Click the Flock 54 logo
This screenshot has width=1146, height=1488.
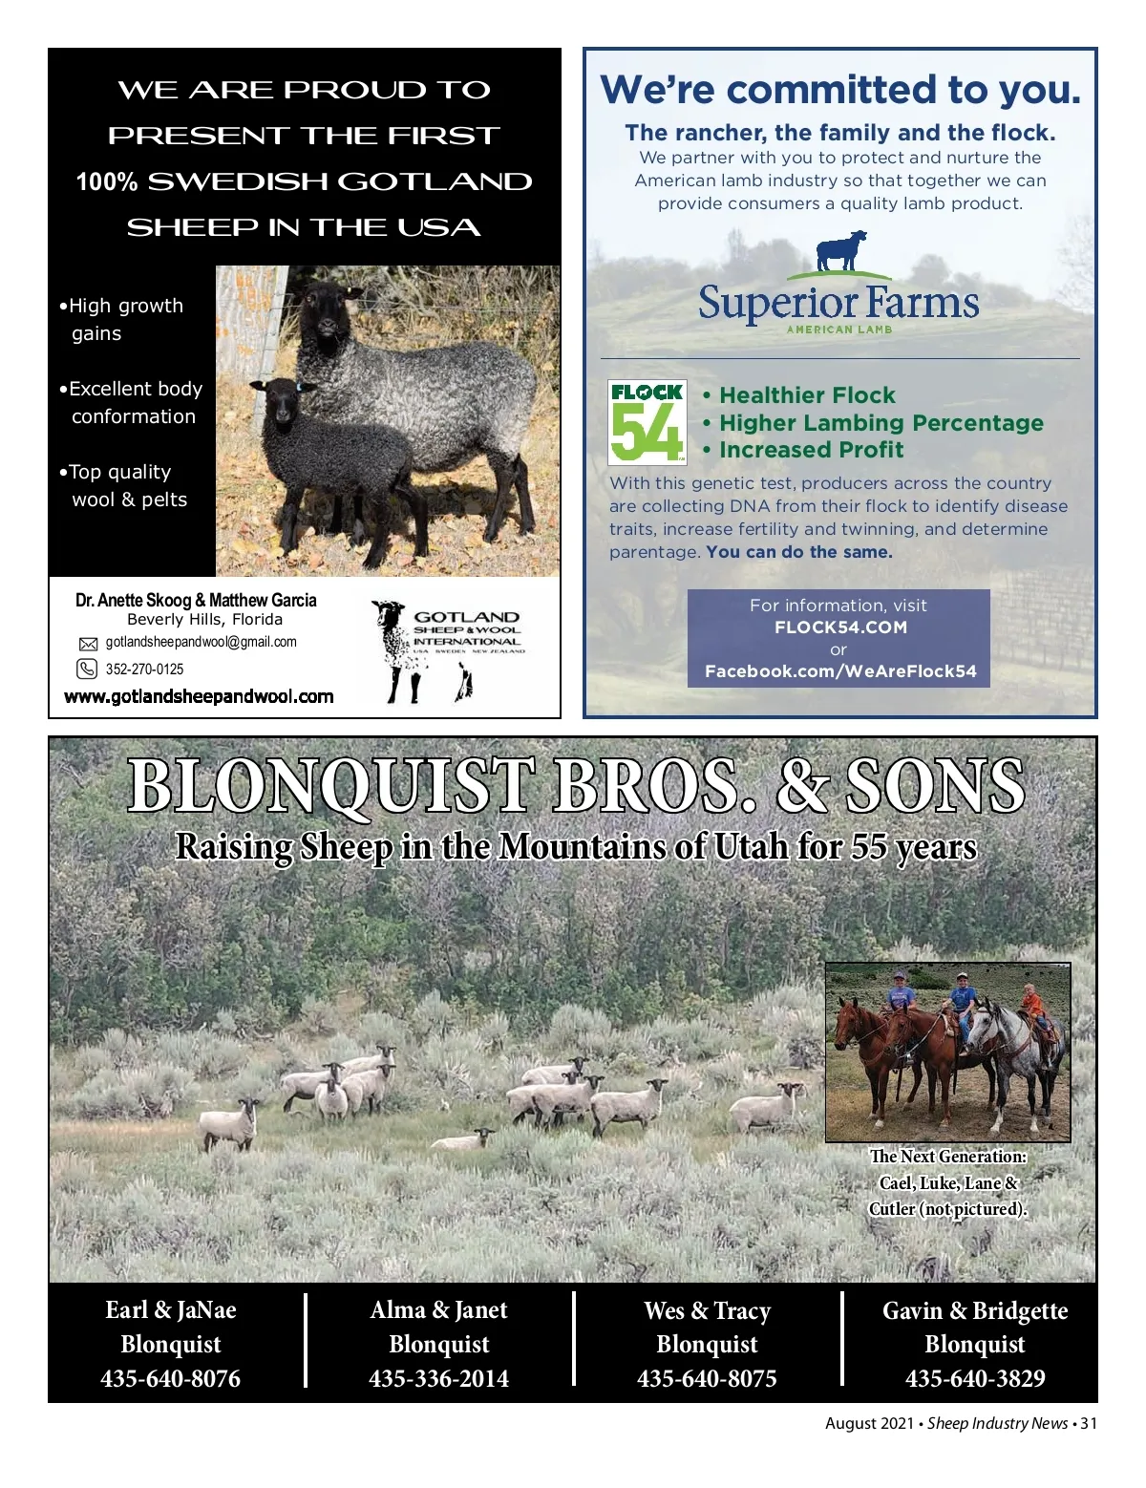coord(647,422)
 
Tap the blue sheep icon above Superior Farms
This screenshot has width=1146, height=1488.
coord(841,251)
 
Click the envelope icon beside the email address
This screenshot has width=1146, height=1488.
coord(88,644)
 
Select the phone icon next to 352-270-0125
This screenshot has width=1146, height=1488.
coord(87,669)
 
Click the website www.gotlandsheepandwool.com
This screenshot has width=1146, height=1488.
coord(199,696)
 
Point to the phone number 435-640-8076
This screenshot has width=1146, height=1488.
coord(171,1378)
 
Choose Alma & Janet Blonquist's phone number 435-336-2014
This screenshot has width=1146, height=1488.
coord(439,1378)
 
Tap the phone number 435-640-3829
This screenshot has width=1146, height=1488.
coord(975,1378)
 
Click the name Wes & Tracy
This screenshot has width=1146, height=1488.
coord(707,1310)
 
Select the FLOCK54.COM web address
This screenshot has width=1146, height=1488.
coord(840,627)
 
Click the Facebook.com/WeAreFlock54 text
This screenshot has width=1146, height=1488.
coord(840,671)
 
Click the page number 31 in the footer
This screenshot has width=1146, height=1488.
coord(1089,1423)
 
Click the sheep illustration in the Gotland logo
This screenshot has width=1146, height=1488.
coord(393,649)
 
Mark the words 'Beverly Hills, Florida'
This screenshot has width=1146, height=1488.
coord(204,619)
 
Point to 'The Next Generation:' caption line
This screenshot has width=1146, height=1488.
coord(947,1157)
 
